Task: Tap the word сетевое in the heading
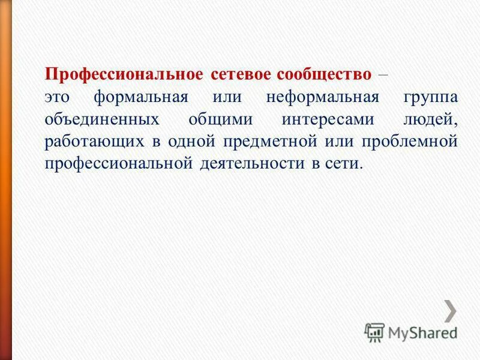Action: pos(241,75)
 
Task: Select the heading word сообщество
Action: pos(324,75)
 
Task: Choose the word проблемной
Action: pos(410,142)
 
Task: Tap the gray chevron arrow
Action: pos(449,310)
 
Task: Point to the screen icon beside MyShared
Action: pos(375,332)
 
